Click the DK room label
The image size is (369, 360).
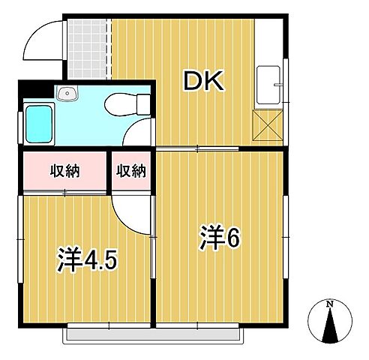pyautogui.click(x=203, y=82)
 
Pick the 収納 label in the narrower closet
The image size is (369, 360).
pyautogui.click(x=130, y=171)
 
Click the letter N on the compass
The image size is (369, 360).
pyautogui.click(x=330, y=304)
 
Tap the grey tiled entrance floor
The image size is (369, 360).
pyautogui.click(x=86, y=46)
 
